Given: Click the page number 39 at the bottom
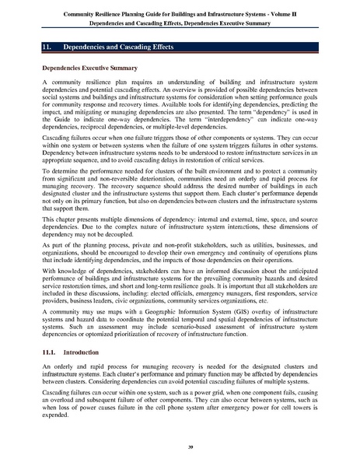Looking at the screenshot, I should tap(180, 448).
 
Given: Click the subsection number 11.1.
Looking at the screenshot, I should tap(48, 354).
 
